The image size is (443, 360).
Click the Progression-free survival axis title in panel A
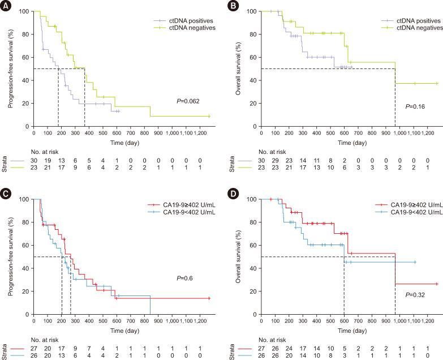point(10,68)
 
